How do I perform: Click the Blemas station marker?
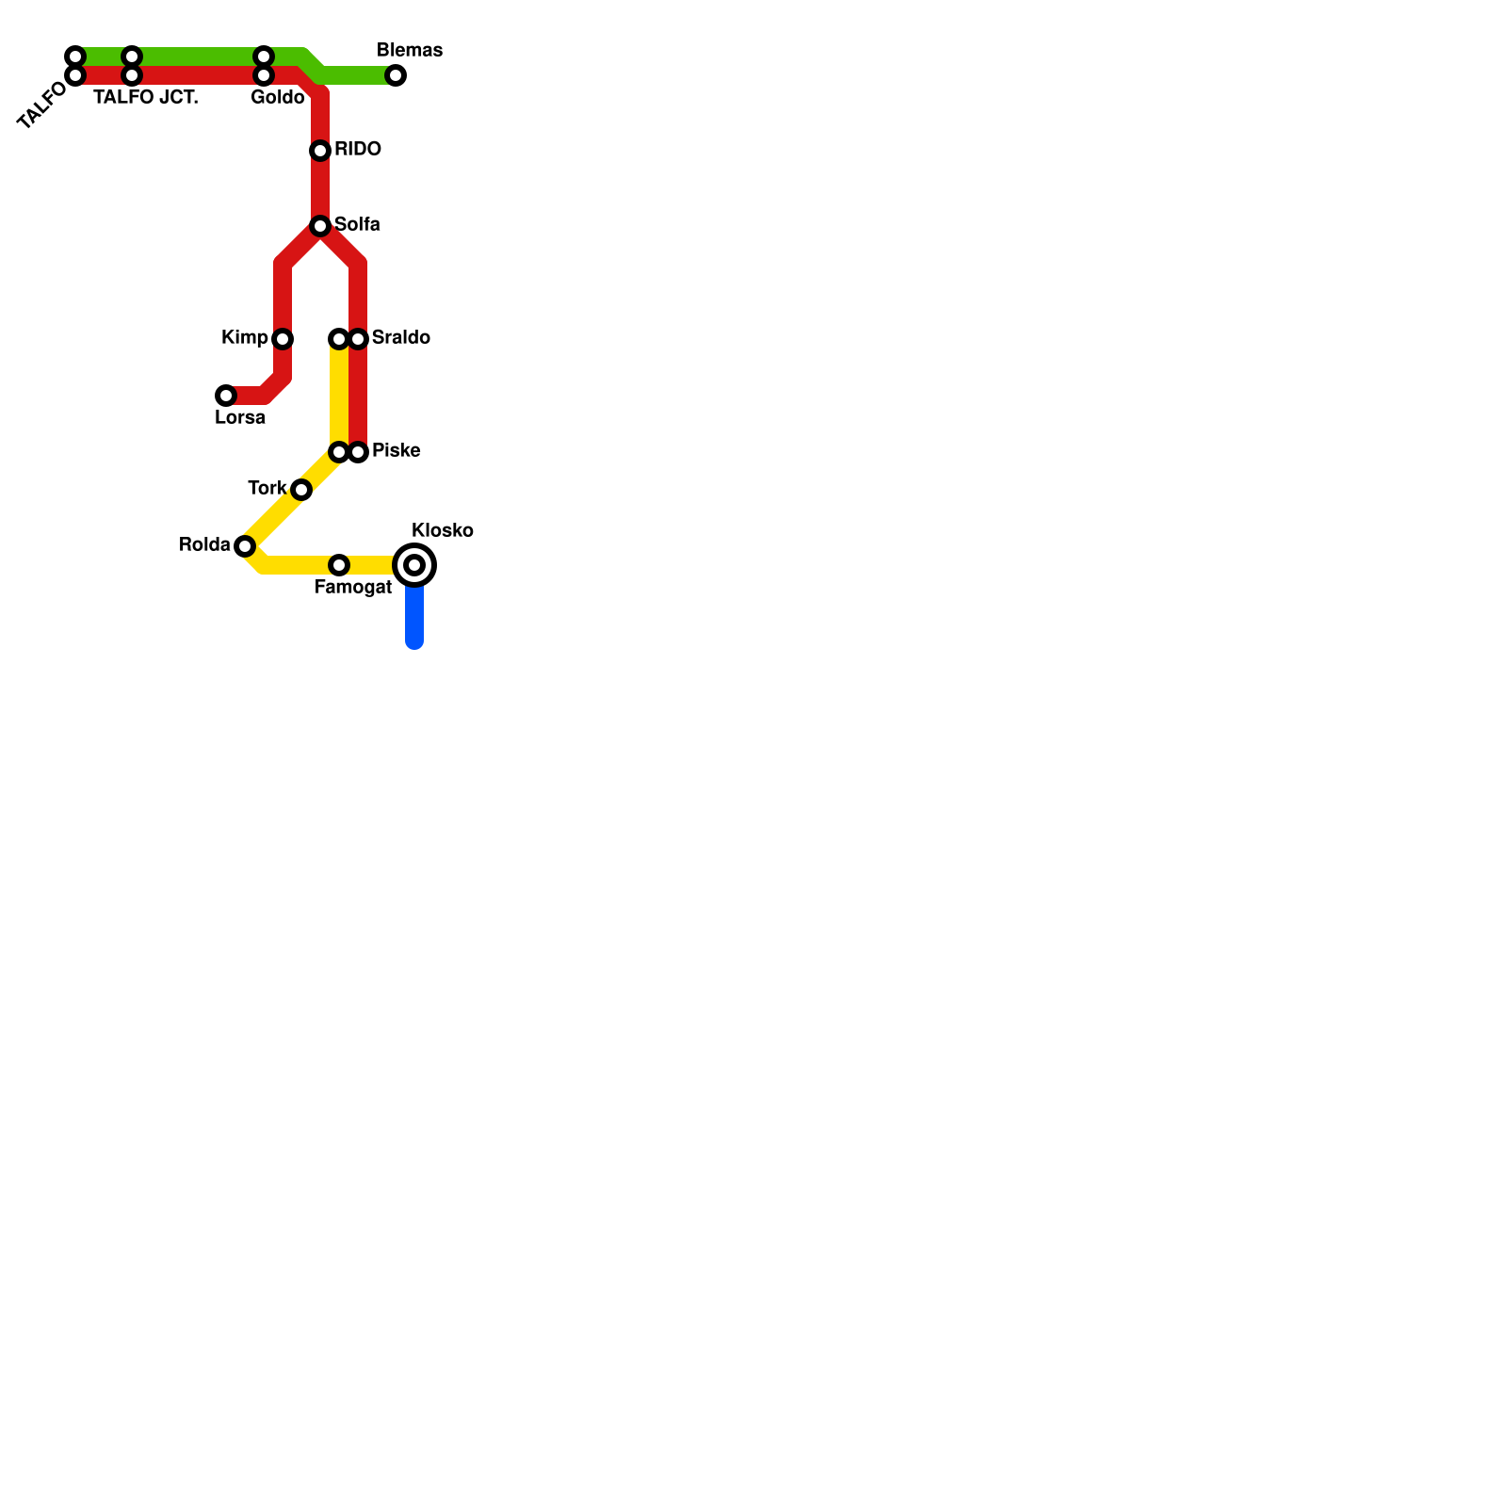pyautogui.click(x=396, y=75)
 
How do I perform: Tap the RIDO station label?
pyautogui.click(x=357, y=149)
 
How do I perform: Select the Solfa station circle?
pyautogui.click(x=320, y=226)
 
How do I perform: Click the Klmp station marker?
pyautogui.click(x=283, y=339)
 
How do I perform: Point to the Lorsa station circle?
pyautogui.click(x=226, y=396)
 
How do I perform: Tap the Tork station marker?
pyautogui.click(x=301, y=490)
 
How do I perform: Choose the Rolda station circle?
pyautogui.click(x=245, y=546)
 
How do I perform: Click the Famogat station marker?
pyautogui.click(x=339, y=565)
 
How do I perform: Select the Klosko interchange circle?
pyautogui.click(x=414, y=565)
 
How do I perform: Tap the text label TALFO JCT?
pyautogui.click(x=146, y=97)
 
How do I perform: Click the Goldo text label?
pyautogui.click(x=277, y=97)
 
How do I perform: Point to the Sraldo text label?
pyautogui.click(x=400, y=337)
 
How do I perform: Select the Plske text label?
pyautogui.click(x=396, y=450)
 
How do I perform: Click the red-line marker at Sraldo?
pyautogui.click(x=358, y=339)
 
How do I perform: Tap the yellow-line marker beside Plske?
pyautogui.click(x=339, y=452)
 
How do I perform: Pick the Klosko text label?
pyautogui.click(x=442, y=530)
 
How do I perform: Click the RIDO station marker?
pyautogui.click(x=320, y=151)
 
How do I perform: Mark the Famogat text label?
pyautogui.click(x=352, y=587)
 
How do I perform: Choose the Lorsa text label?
pyautogui.click(x=239, y=417)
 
